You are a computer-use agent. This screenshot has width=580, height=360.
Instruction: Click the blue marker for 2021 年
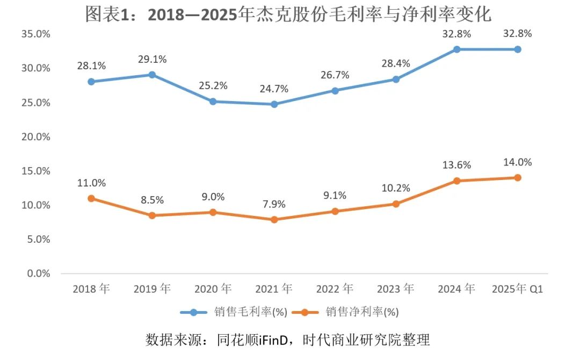(x=274, y=104)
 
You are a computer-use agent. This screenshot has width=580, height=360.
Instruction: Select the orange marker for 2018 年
(x=91, y=198)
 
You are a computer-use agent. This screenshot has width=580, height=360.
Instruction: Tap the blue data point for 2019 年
(x=152, y=75)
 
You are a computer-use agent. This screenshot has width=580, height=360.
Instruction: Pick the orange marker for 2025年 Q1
(x=518, y=177)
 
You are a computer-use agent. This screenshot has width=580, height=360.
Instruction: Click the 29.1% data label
(x=152, y=59)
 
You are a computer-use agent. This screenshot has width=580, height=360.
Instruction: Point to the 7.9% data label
(x=274, y=204)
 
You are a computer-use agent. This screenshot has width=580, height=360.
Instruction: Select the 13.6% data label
(x=456, y=165)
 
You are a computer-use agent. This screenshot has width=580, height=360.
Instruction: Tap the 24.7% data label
(x=274, y=89)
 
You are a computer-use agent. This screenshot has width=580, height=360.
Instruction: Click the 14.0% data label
(x=518, y=162)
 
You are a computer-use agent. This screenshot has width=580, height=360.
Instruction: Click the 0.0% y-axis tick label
(x=37, y=273)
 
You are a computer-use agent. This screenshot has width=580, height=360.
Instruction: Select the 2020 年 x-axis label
(x=213, y=289)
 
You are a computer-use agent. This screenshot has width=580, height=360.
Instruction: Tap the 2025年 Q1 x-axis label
(x=518, y=289)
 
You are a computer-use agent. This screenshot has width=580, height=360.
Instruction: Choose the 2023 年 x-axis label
(x=396, y=289)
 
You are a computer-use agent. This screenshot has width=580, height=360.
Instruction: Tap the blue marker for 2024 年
(x=456, y=49)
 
